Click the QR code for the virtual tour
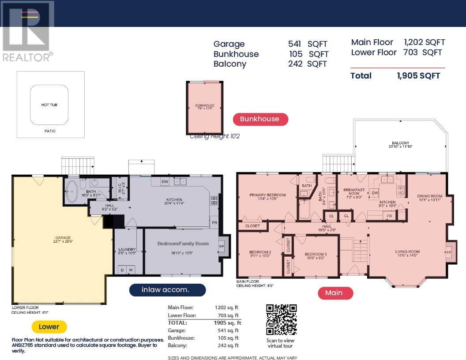281,320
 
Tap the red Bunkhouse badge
260,119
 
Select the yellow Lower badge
49,327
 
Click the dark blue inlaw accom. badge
167,290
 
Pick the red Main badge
334,293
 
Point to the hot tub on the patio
49,105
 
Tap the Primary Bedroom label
267,195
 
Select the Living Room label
407,252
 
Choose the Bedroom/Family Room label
183,244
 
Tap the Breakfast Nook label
354,190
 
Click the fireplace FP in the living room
449,252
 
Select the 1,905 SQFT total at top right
418,76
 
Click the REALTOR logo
27,31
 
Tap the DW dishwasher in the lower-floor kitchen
165,181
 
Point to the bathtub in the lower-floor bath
71,192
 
